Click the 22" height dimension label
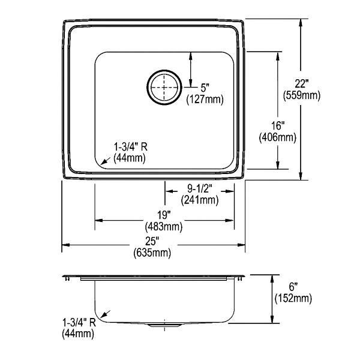(301, 83)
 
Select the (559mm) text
(301, 95)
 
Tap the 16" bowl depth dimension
(278, 125)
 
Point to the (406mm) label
(278, 137)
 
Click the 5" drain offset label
(205, 88)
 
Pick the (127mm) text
(205, 100)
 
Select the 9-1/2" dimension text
(199, 189)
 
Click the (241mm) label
(200, 200)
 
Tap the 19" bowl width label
(164, 215)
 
